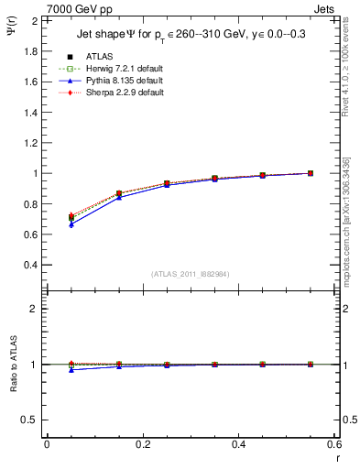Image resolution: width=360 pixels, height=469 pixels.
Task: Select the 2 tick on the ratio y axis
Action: [x=35, y=309]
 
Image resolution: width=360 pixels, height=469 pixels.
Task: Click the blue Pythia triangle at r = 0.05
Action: [x=71, y=224]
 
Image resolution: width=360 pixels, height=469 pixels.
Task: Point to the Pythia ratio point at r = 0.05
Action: [x=71, y=369]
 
